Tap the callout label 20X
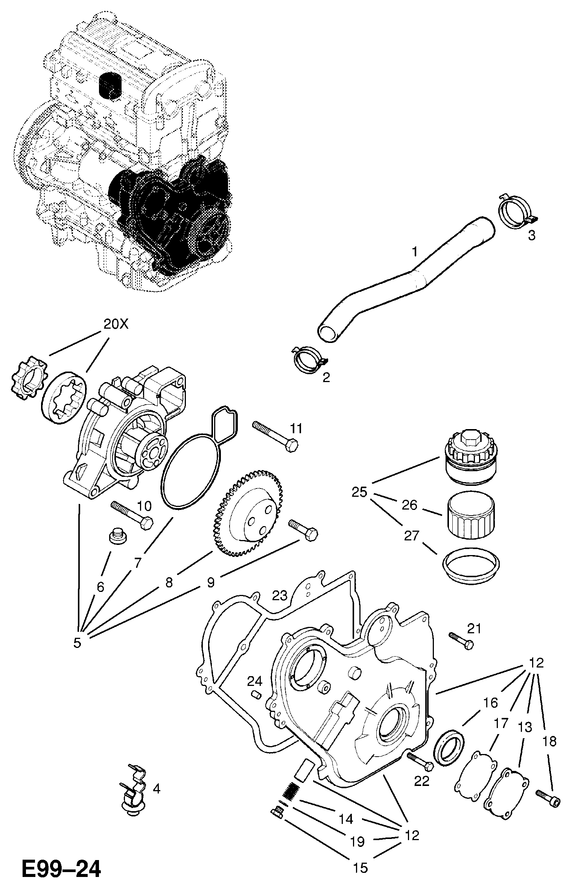click(116, 324)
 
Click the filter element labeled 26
click(470, 515)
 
